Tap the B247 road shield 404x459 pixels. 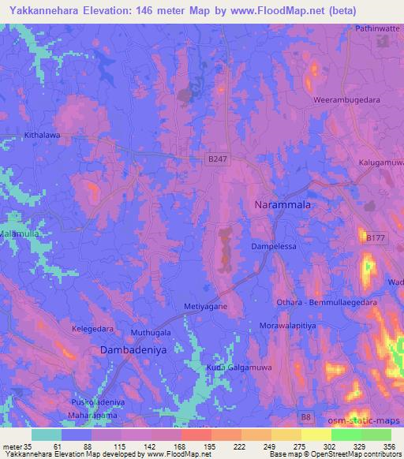[217, 159]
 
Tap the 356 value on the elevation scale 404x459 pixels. [387, 446]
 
